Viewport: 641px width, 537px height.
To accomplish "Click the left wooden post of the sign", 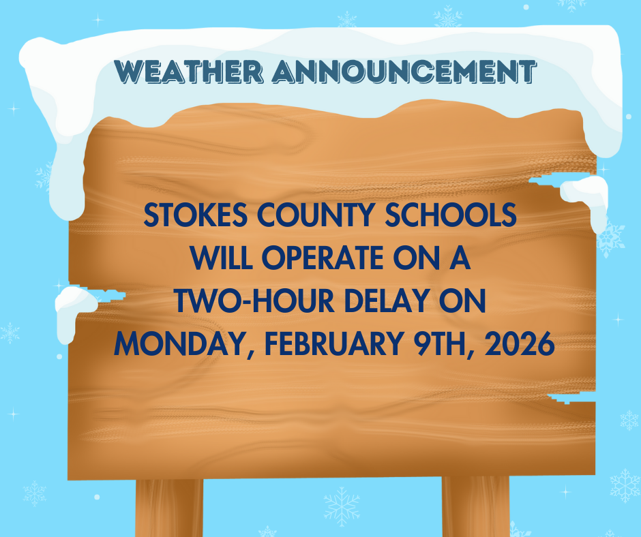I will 169,508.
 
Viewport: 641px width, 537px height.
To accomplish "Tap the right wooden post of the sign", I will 476,508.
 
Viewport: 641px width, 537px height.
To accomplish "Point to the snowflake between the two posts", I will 341,507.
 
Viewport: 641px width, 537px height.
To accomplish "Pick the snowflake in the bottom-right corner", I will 624,485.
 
